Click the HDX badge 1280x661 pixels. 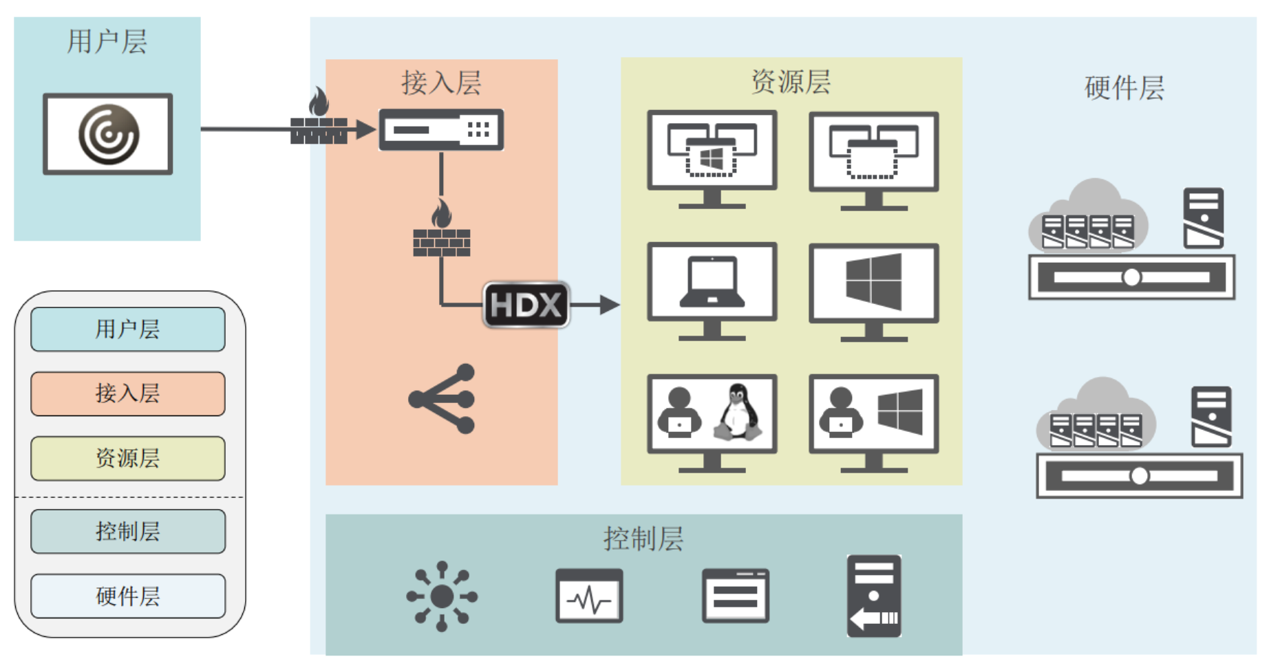pyautogui.click(x=526, y=305)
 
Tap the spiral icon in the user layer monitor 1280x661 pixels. pyautogui.click(x=109, y=134)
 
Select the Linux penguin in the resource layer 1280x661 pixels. pyautogui.click(x=739, y=413)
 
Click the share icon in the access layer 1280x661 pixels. pyautogui.click(x=442, y=399)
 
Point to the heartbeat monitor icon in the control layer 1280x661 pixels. pyautogui.click(x=589, y=596)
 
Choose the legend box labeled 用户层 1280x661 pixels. pyautogui.click(x=128, y=329)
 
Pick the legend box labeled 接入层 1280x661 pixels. pyautogui.click(x=128, y=394)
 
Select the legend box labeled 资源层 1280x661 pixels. pyautogui.click(x=128, y=458)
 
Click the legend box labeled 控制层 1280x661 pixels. pyautogui.click(x=128, y=532)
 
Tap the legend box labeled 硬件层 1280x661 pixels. pyautogui.click(x=128, y=596)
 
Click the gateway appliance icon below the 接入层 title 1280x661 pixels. pyautogui.click(x=441, y=129)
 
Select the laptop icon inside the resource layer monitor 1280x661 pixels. pyautogui.click(x=712, y=282)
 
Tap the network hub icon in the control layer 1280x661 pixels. pyautogui.click(x=442, y=596)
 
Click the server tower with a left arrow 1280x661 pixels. pyautogui.click(x=874, y=596)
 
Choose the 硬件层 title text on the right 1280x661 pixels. pyautogui.click(x=1124, y=88)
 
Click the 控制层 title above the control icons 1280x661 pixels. pyautogui.click(x=643, y=539)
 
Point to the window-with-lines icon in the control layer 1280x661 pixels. pyautogui.click(x=735, y=596)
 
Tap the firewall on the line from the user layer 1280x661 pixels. pyautogui.click(x=319, y=120)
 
